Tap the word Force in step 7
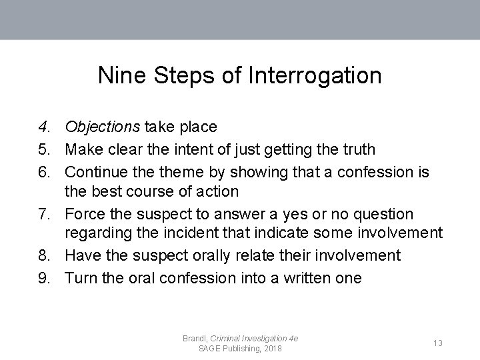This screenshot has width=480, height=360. (85, 214)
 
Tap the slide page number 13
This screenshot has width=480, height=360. (438, 343)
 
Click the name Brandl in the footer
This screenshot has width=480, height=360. (195, 339)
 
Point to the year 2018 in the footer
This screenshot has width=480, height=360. (272, 349)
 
